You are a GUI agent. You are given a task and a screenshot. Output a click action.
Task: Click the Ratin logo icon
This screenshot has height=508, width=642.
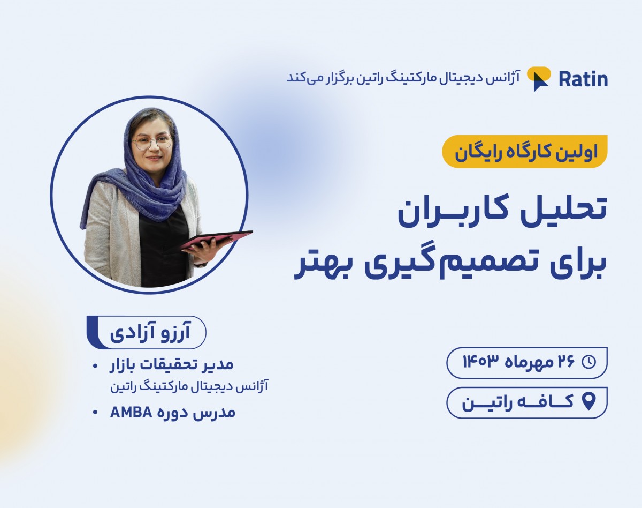pos(539,79)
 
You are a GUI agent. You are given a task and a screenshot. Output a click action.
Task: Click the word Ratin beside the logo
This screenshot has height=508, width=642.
pos(583,79)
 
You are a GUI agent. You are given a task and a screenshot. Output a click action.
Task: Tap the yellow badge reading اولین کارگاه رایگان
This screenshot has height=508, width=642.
pos(525,152)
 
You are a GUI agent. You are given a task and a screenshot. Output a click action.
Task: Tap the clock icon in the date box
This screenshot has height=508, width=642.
pos(588,362)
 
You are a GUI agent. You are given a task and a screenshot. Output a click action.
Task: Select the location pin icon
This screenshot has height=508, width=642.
pos(588,401)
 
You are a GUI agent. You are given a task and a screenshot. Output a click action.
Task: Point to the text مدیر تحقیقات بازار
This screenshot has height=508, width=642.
pos(173,365)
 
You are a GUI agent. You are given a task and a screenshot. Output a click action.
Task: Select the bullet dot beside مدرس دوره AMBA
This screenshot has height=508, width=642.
pos(95,413)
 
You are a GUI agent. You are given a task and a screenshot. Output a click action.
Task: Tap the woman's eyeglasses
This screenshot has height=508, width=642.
pos(152,141)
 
